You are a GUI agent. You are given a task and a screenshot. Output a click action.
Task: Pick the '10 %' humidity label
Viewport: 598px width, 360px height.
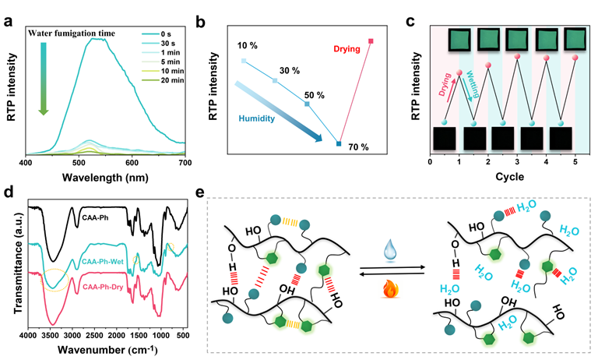pos(247,47)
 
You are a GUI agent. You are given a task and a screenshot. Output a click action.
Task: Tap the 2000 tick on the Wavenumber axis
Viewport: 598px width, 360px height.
pos(120,335)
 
